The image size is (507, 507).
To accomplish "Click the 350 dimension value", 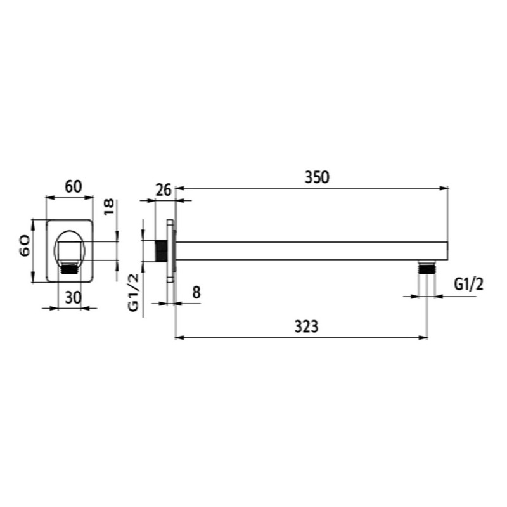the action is pos(317,177).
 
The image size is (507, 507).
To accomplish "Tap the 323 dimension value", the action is pos(306,326).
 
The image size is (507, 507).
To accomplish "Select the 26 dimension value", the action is pos(164,190).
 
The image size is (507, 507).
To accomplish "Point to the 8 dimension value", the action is pos(196,293).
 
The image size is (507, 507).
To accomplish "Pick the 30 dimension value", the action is pos(74,297).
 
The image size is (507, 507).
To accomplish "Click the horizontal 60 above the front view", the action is pos(74,186).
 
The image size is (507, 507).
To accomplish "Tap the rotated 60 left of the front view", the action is pos(25,246).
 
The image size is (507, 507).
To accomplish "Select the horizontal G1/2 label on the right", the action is pos(469,285).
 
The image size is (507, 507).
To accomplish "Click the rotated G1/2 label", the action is pos(133,292).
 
